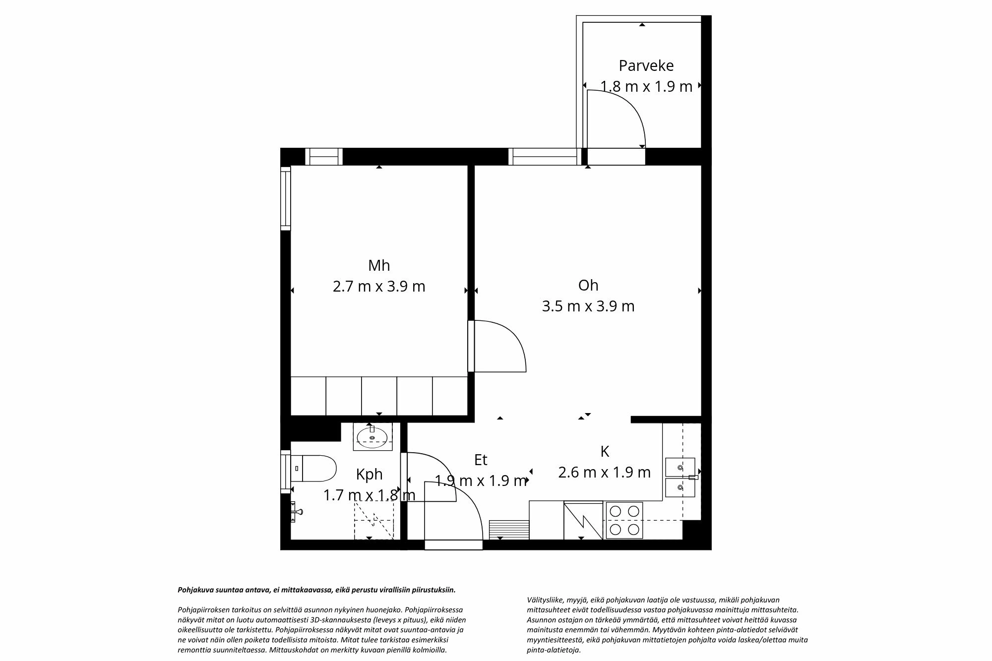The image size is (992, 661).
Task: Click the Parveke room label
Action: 646,65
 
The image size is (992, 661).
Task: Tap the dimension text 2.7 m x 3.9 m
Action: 379,287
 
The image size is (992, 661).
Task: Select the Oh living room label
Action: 588,285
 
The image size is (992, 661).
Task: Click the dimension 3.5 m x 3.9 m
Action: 588,306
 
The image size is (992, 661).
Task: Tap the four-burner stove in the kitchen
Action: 624,521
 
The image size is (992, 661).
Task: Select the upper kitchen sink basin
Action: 680,467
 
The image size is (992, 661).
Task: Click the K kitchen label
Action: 604,451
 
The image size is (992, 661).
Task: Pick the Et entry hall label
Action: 481,460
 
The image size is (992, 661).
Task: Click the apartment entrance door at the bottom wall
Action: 453,544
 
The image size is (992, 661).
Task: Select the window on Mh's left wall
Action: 285,198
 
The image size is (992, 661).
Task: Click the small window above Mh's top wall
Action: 323,157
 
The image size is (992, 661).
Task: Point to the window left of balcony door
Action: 544,157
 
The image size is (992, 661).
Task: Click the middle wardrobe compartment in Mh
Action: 379,396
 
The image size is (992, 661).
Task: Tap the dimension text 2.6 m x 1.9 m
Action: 604,473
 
